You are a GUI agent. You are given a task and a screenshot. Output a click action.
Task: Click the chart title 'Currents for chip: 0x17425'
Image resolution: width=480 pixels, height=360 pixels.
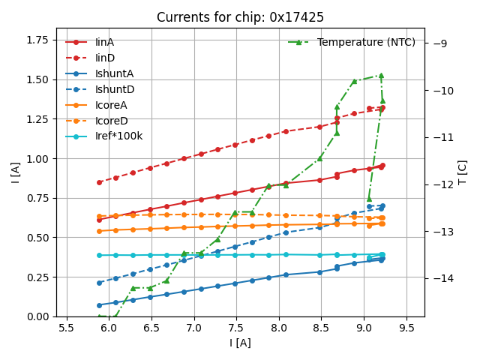click(240, 17)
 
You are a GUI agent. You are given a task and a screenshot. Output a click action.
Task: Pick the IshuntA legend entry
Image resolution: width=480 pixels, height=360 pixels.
click(115, 73)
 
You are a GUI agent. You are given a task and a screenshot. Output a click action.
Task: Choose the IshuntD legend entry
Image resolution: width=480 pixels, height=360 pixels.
click(115, 89)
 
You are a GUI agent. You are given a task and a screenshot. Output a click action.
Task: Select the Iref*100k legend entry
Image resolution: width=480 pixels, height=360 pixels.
click(118, 136)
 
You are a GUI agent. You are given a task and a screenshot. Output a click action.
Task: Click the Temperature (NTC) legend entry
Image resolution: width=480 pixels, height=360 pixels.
click(366, 42)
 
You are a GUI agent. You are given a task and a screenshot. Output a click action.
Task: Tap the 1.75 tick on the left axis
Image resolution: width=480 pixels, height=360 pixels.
click(37, 40)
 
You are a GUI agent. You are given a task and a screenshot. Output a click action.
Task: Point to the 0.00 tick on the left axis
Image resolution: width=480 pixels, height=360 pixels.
click(37, 316)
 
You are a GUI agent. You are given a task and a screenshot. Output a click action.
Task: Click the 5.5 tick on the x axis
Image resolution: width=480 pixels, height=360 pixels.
click(67, 328)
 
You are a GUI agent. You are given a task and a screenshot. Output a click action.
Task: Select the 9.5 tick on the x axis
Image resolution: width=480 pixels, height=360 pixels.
click(407, 328)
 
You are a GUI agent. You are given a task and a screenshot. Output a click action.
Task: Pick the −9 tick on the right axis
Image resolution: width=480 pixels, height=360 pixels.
click(439, 43)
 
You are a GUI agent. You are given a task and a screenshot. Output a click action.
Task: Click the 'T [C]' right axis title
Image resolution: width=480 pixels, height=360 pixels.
click(463, 172)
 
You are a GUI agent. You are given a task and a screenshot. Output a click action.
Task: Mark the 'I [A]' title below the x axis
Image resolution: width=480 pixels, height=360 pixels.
click(240, 343)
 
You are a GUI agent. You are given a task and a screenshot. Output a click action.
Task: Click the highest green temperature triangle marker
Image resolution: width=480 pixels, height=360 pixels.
click(381, 75)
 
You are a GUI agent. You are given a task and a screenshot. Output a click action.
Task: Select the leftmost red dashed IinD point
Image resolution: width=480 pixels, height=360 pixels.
click(99, 182)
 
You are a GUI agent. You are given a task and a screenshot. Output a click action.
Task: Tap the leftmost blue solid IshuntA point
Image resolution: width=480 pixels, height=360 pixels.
click(99, 305)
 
